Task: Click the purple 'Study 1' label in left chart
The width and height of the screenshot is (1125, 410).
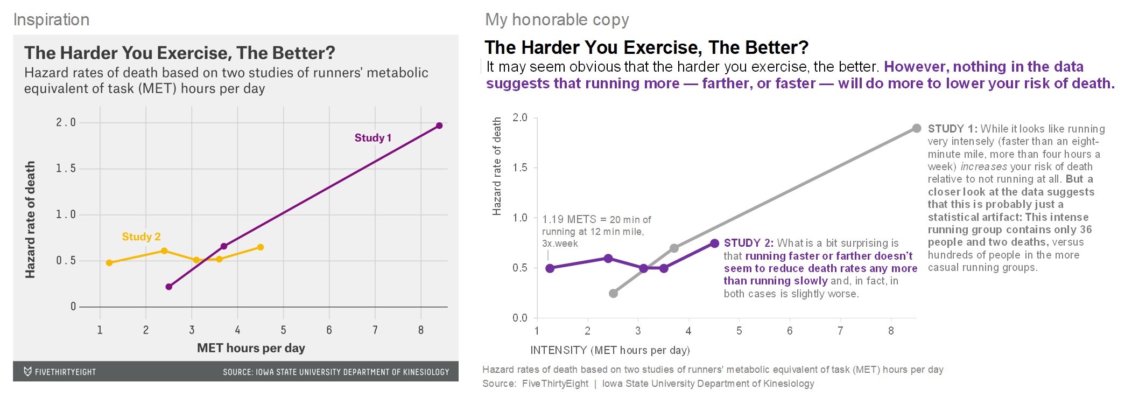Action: coord(372,138)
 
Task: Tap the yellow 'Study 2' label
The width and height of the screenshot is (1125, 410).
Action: coord(141,237)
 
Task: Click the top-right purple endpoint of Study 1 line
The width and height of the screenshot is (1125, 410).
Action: coord(439,126)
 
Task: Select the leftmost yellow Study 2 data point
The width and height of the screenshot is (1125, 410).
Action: coord(109,263)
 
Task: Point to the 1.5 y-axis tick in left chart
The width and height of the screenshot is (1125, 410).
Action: coord(66,169)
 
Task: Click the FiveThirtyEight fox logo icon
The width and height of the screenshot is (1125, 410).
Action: coord(27,371)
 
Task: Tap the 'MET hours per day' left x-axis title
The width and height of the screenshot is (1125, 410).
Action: coord(251,348)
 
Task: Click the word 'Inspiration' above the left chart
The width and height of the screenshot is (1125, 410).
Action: coord(51,19)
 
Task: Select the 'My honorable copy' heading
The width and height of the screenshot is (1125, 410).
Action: coord(557,19)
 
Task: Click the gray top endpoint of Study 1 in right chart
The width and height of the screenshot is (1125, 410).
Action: coord(917,128)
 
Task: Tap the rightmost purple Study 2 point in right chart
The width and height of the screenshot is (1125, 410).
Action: coord(714,244)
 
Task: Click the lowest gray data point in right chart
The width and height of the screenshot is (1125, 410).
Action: coord(613,294)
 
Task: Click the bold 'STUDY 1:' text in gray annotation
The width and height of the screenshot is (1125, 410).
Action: coord(952,129)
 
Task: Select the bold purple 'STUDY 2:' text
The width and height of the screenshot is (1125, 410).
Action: coord(748,243)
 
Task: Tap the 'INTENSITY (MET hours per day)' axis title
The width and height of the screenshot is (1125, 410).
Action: coord(610,350)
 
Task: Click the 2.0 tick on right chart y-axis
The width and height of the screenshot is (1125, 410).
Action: coord(520,117)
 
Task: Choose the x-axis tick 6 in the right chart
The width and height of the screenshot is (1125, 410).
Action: coord(790,331)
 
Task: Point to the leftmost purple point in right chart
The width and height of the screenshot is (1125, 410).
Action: coord(550,268)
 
